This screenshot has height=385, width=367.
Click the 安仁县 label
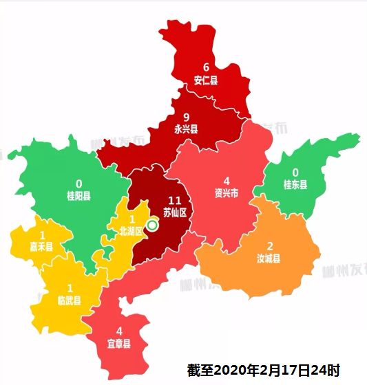205,80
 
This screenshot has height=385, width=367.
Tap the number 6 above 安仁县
205,68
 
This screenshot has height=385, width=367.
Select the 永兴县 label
186,129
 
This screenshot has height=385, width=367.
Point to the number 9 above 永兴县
186,117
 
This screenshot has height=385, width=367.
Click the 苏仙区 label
174,212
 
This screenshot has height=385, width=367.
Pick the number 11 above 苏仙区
174,200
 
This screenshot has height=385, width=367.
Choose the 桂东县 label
296,184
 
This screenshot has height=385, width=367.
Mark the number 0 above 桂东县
296,172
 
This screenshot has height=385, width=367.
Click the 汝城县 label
270,258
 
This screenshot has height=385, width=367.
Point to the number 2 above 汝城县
270,246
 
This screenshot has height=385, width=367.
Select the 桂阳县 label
78,196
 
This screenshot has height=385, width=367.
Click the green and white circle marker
152,225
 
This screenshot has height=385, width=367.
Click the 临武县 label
69,300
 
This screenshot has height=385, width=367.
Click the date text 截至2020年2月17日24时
264,371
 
